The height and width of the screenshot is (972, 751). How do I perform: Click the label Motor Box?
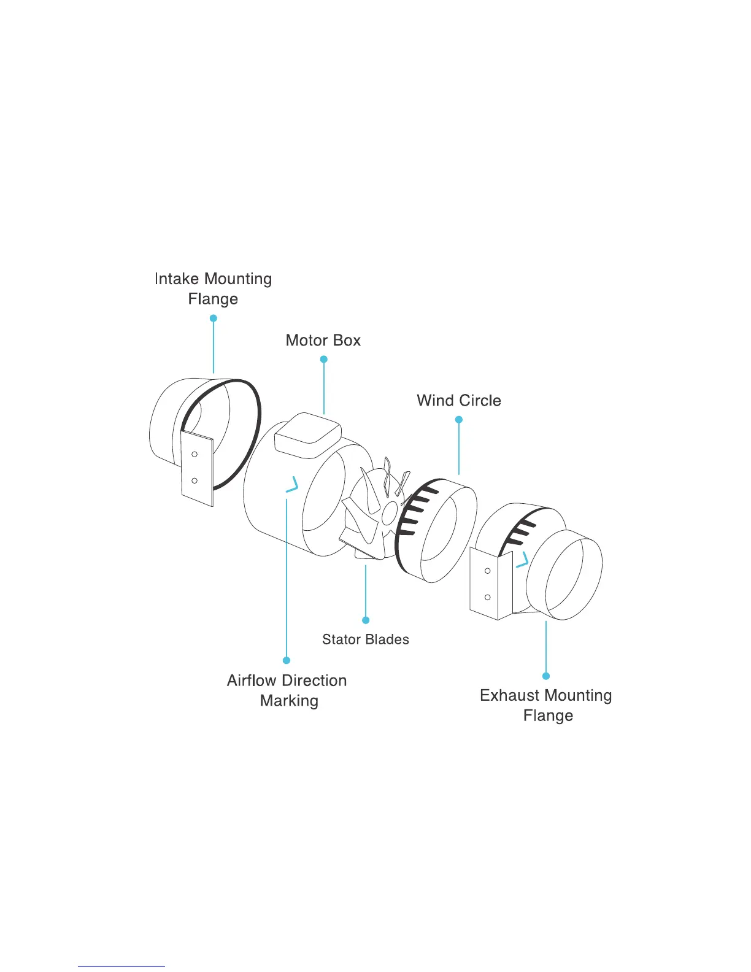[323, 341]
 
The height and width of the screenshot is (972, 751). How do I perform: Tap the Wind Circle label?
[459, 401]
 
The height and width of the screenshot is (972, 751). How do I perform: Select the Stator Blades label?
[366, 639]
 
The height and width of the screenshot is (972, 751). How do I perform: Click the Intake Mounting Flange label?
[213, 288]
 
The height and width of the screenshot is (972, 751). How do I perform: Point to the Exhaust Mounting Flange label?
[546, 705]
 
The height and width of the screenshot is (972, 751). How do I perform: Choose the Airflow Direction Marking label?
[287, 690]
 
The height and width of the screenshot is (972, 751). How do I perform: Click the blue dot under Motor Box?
[324, 359]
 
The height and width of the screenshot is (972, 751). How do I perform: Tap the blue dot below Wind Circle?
[459, 420]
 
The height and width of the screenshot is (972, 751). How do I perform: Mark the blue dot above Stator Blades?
[366, 620]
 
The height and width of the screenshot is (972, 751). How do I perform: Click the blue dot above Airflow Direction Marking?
[287, 660]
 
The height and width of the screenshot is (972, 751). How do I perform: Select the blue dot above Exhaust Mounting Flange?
[546, 676]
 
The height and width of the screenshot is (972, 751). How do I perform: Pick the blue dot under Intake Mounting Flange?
[214, 318]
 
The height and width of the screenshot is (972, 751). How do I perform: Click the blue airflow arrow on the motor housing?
[293, 485]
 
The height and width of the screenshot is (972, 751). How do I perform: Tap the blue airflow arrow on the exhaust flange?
[522, 560]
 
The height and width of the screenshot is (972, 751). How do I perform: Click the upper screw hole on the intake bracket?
[194, 454]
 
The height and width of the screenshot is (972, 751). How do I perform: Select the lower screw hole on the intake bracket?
[194, 480]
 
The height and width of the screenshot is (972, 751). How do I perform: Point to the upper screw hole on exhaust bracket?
[488, 571]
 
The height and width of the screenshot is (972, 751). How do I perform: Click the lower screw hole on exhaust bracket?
[488, 597]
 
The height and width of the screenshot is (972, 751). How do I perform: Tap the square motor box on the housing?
[307, 434]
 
